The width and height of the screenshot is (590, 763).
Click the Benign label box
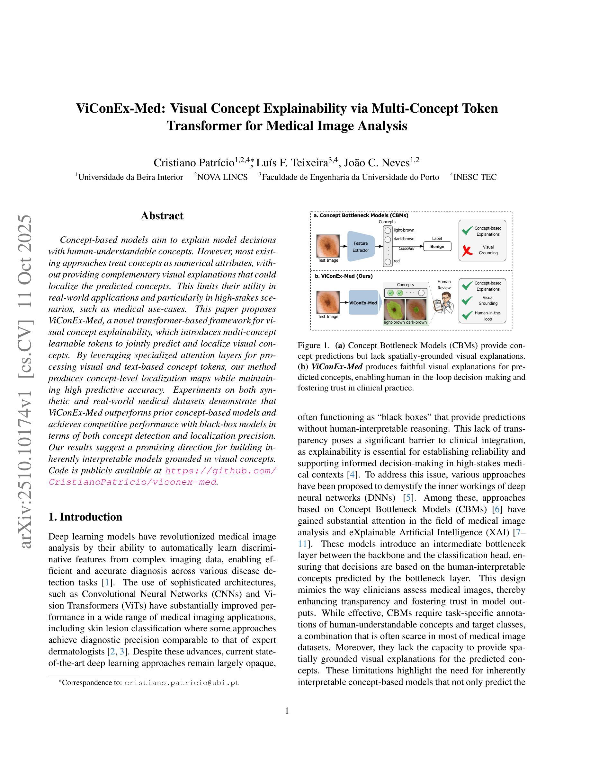(x=437, y=246)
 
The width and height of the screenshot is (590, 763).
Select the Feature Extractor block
(x=360, y=246)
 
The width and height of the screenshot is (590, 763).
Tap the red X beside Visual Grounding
(x=467, y=250)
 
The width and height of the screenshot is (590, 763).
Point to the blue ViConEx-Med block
(x=363, y=303)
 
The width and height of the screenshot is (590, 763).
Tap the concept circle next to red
(x=387, y=261)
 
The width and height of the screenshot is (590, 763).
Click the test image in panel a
(x=328, y=246)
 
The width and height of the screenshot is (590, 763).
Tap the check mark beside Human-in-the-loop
(x=467, y=315)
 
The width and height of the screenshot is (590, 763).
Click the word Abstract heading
(x=162, y=215)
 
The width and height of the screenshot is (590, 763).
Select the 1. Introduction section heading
(x=85, y=517)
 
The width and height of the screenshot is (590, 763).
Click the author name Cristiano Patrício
(x=194, y=163)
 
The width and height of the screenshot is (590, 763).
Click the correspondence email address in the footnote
(x=182, y=683)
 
